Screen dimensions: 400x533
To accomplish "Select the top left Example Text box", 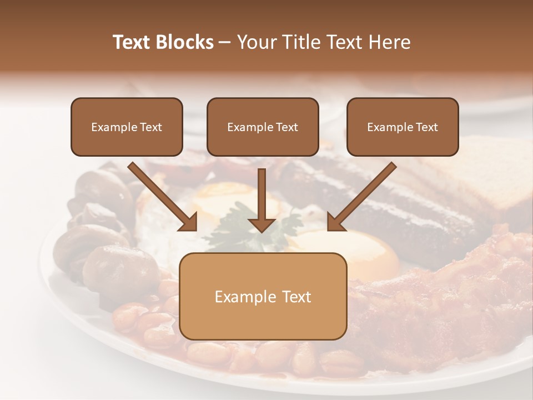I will [127, 127].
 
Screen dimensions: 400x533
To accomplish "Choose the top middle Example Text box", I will [263, 127].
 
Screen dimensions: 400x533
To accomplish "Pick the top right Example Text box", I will [403, 127].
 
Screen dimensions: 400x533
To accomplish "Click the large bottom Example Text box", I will [263, 296].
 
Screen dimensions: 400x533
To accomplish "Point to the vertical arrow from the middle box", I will [262, 200].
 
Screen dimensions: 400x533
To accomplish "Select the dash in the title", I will [225, 43].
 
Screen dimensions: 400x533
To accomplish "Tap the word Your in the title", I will [255, 42].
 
